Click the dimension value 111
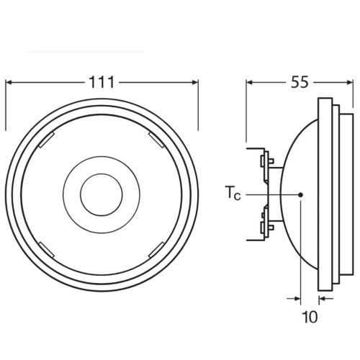point(102,82)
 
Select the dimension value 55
point(300,82)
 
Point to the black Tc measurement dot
point(300,194)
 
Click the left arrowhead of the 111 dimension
point(10,82)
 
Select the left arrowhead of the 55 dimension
point(251,82)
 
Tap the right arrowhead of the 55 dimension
point(350,82)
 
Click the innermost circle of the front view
point(100,194)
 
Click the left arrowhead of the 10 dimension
point(296,297)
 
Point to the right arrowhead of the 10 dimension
point(322,297)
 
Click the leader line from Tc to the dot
point(270,194)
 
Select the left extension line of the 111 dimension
point(6,108)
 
